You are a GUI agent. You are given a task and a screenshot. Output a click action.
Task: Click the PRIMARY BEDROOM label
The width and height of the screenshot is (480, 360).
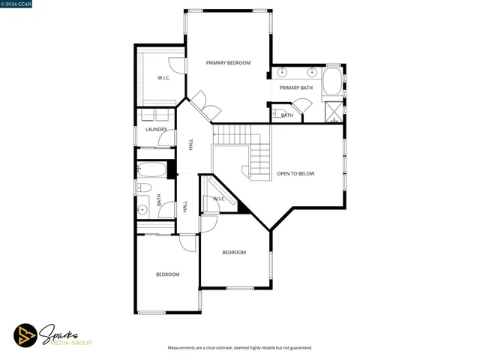point(229,63)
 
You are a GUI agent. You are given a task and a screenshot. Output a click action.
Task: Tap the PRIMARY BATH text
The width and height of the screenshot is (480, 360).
point(296,88)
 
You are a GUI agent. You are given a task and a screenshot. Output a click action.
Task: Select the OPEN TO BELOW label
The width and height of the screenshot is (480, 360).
point(295,174)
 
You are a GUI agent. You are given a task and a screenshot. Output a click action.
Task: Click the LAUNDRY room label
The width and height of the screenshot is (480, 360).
point(155,130)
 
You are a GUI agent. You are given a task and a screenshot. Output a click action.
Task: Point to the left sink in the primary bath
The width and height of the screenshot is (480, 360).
point(282,73)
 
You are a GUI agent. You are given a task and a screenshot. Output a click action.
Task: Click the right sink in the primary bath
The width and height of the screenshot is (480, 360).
point(312,73)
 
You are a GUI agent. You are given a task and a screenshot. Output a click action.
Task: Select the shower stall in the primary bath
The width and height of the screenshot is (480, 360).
point(333,113)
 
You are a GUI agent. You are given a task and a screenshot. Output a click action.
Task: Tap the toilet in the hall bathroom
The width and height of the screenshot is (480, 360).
point(145,187)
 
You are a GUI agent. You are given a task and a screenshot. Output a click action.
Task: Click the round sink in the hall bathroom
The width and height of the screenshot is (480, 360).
point(143,209)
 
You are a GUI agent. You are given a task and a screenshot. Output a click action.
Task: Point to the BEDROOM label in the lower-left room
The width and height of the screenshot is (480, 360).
point(167,274)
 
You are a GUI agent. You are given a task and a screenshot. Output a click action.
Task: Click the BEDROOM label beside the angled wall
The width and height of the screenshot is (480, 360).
point(234,253)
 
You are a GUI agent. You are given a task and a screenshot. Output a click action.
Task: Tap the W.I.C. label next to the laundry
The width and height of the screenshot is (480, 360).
point(163,78)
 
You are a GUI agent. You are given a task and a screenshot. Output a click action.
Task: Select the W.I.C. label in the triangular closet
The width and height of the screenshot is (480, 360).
point(219,199)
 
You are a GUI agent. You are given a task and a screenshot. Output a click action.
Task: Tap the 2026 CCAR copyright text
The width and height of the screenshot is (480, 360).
point(18,5)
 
